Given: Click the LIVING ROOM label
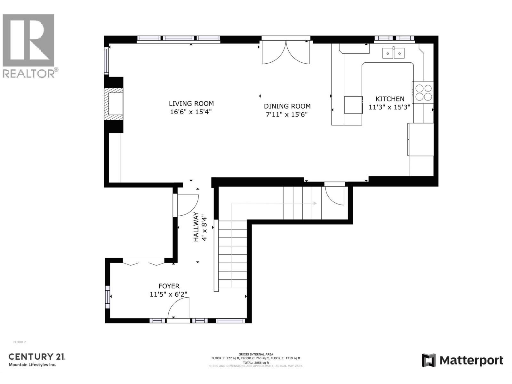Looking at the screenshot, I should (x=191, y=104).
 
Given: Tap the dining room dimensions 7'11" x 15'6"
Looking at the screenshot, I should (x=287, y=115).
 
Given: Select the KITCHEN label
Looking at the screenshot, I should (x=390, y=99).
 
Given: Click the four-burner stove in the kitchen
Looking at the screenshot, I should (x=423, y=92).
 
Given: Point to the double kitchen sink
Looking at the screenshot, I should (x=393, y=53).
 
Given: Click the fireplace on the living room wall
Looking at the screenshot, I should (x=115, y=104).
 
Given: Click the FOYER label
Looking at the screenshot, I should (x=169, y=286).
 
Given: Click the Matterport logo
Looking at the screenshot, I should (x=462, y=361).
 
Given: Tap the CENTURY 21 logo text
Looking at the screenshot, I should (x=37, y=356).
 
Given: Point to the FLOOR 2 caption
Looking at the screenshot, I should (x=20, y=342).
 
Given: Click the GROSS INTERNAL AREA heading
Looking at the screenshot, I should (x=256, y=354).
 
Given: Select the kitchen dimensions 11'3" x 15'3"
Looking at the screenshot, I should (x=389, y=108).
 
